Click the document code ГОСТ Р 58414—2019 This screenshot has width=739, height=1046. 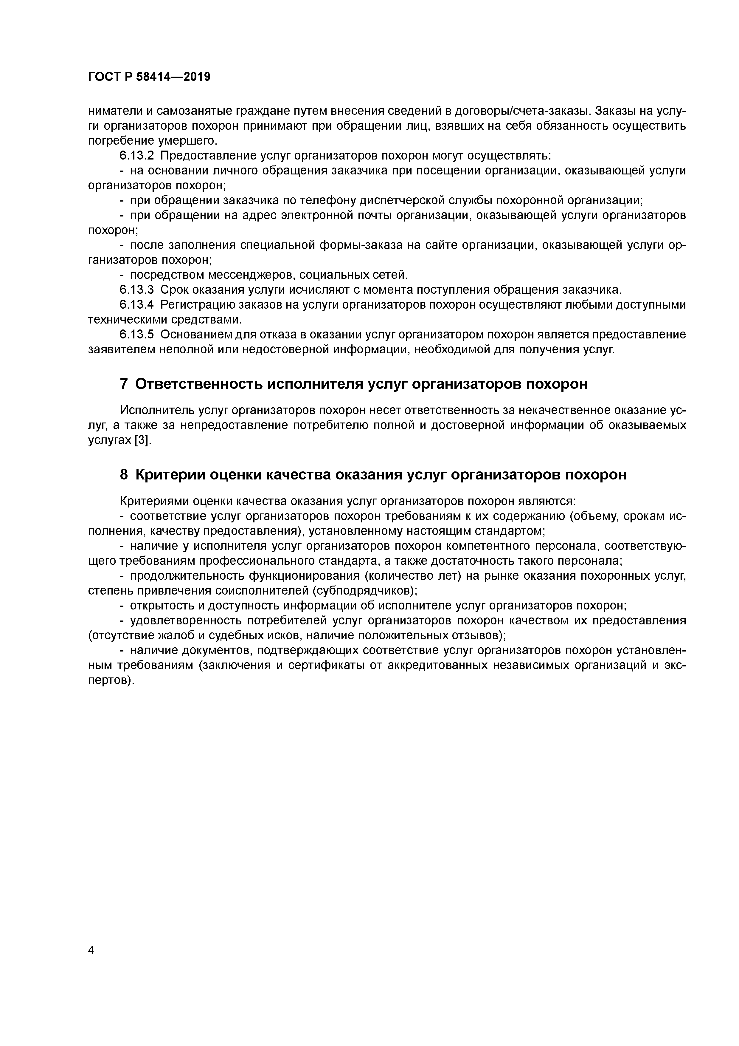[149, 77]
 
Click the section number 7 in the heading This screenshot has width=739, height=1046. [124, 384]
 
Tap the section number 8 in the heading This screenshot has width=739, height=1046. [124, 475]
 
